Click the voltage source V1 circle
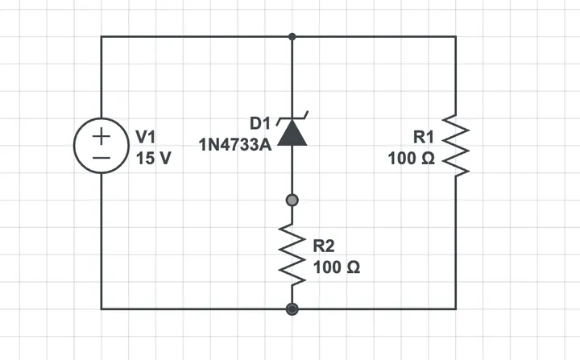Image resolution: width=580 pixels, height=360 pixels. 73,146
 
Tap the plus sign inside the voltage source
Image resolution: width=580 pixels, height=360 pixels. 101,137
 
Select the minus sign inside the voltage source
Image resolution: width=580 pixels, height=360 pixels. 101,158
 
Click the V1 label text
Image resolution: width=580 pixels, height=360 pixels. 146,137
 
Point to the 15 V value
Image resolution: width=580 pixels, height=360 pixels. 154,159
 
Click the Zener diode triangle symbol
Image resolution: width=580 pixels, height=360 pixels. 292,132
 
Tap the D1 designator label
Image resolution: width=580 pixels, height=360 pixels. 260,123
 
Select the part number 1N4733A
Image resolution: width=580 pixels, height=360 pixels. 235,145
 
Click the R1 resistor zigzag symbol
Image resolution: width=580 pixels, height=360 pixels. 456,146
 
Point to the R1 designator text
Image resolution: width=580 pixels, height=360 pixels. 424,137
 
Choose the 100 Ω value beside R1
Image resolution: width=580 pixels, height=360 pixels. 412,159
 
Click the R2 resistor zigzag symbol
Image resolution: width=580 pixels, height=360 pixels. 292,254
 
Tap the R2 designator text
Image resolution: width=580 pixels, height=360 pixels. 324,246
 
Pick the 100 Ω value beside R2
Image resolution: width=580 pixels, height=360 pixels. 337,267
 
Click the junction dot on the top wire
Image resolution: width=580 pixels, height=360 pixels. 292,36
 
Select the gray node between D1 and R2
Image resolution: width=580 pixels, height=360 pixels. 292,201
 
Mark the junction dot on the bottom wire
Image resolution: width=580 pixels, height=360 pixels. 292,309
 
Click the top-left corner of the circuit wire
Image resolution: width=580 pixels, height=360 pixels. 101,36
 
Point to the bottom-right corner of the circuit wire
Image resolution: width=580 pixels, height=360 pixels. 456,309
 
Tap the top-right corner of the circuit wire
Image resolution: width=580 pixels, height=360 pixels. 456,36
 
